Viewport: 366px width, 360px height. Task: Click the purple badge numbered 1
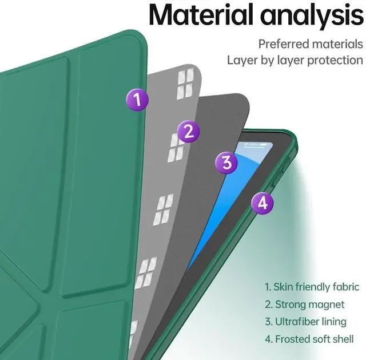[x=137, y=101]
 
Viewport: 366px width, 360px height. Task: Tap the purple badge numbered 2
[x=188, y=132]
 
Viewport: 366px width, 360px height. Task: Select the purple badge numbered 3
[x=226, y=163]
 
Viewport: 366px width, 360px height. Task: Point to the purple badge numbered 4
[x=262, y=202]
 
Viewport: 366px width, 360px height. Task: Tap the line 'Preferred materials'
[x=311, y=43]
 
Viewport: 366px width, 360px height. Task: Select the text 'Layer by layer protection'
[x=295, y=60]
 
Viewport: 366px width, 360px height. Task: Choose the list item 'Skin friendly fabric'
[x=312, y=287]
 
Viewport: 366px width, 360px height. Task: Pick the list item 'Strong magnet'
[x=304, y=304]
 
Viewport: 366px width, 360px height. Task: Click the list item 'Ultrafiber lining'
[x=305, y=321]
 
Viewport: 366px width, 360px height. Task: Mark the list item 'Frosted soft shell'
[x=309, y=339]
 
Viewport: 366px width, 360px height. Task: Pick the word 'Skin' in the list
[x=284, y=287]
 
